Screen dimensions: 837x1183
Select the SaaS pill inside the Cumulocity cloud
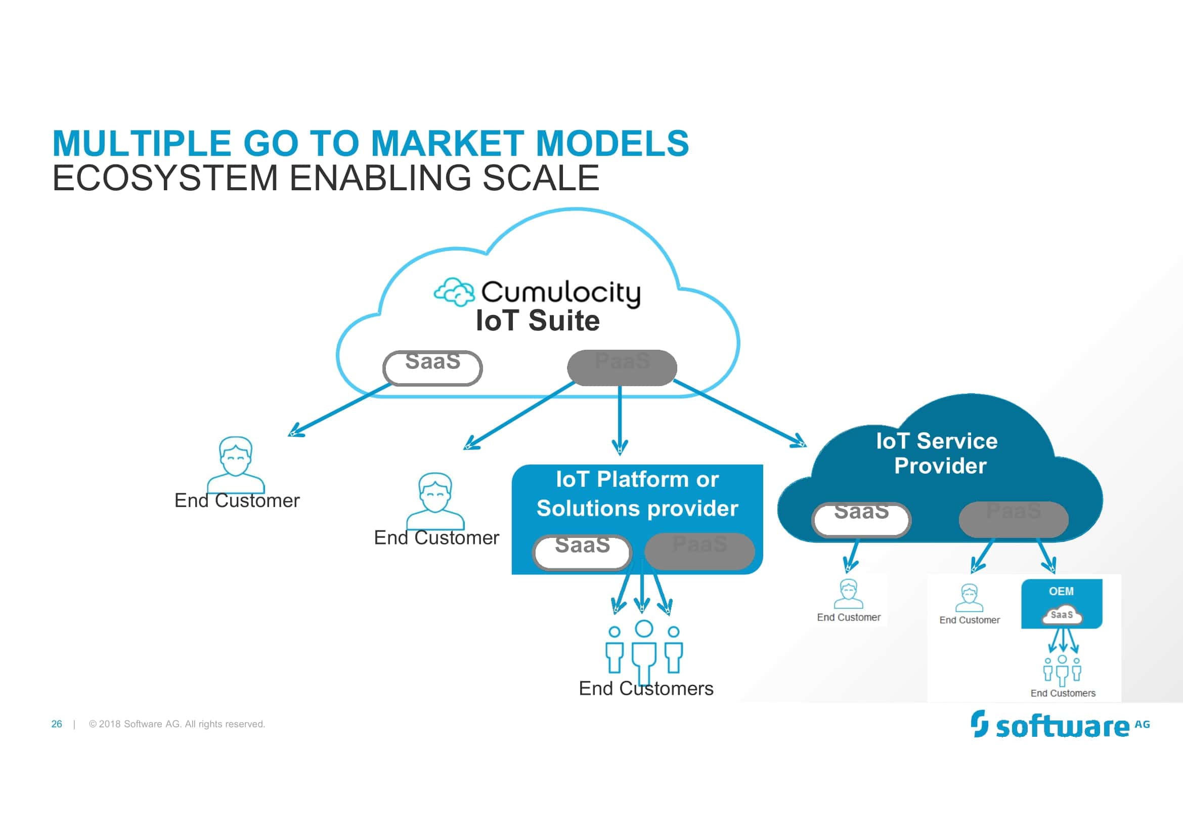click(x=432, y=368)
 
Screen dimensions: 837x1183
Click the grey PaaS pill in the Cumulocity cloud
click(x=622, y=368)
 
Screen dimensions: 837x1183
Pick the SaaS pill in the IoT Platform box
click(x=582, y=552)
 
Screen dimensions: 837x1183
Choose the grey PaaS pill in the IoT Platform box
click(x=699, y=551)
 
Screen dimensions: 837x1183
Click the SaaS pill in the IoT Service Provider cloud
click(x=861, y=519)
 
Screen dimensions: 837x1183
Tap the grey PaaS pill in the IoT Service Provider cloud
click(x=1013, y=519)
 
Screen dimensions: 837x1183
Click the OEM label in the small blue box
click(x=1061, y=591)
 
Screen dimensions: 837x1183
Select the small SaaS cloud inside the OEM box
click(x=1062, y=615)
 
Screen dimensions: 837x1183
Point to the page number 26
click(x=57, y=724)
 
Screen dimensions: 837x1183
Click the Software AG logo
click(x=1060, y=725)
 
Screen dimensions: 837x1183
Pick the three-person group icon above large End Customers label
click(x=643, y=650)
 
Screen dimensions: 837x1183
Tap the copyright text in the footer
click(x=177, y=724)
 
